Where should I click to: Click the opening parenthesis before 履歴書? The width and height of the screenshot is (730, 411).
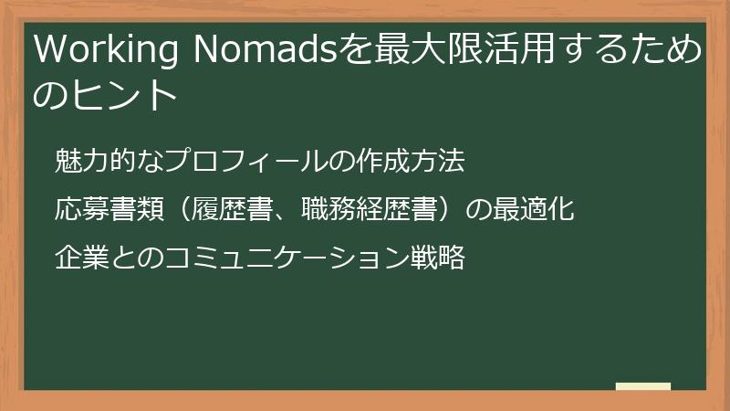[179, 209]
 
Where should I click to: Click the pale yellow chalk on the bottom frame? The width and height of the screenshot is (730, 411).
[642, 387]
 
